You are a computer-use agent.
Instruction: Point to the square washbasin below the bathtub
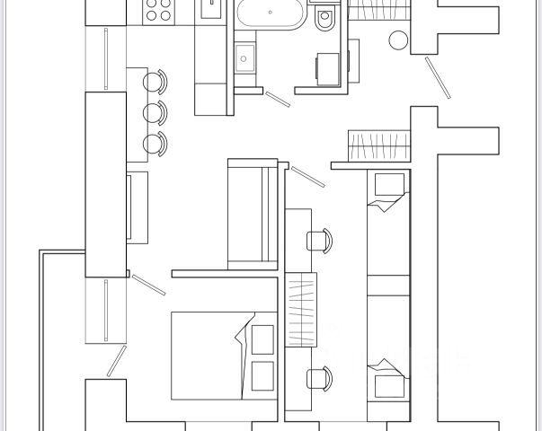point(244,59)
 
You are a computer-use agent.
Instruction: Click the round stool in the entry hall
point(398,40)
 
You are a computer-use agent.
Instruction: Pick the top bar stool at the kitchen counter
point(156,82)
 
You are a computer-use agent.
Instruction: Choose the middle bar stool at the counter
point(156,112)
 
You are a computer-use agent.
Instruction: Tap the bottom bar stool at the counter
point(156,143)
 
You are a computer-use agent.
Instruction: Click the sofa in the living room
point(253,214)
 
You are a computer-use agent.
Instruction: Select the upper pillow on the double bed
point(263,339)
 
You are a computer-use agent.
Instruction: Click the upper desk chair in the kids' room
point(318,240)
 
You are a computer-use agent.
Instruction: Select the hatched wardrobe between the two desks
point(300,307)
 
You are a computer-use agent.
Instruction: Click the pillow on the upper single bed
point(389,186)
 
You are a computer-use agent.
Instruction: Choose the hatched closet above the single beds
point(378,144)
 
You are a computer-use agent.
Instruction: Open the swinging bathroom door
point(278,98)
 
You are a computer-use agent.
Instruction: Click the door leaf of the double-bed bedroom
point(148,285)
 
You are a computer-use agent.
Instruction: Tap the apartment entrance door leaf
point(438,79)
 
